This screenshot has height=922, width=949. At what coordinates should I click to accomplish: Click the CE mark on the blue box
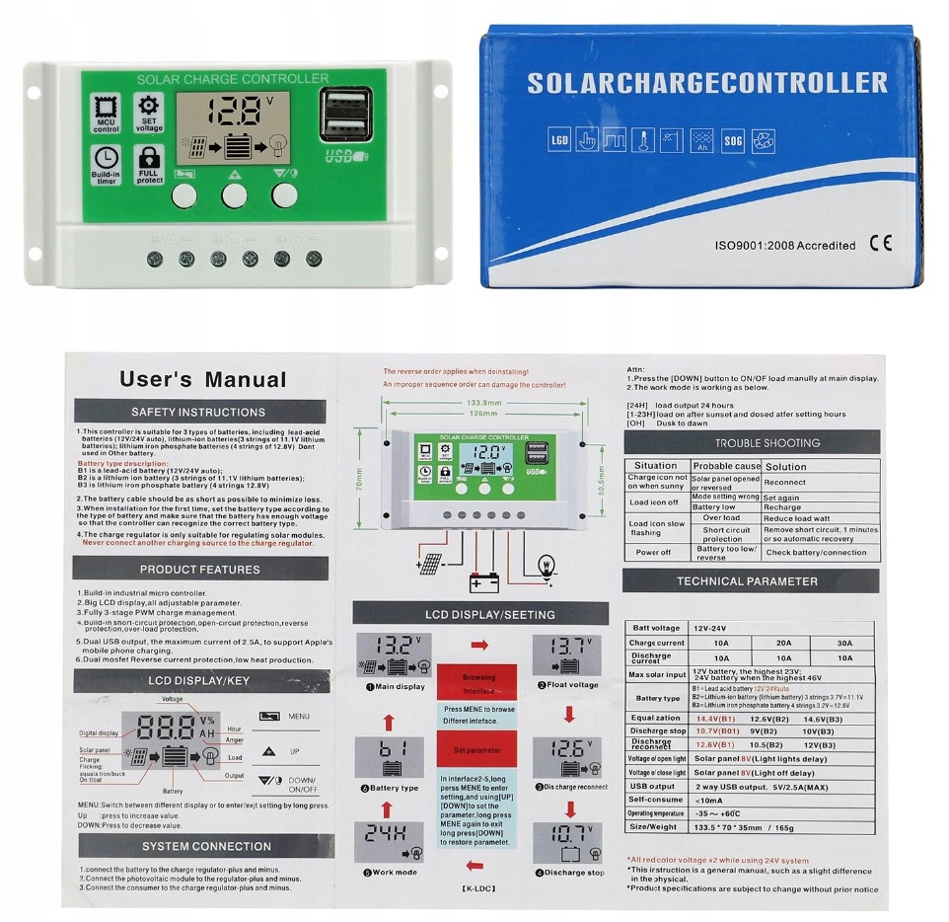pos(880,244)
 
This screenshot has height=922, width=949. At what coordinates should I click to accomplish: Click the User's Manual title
pos(202,379)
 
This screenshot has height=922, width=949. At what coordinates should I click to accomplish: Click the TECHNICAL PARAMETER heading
pos(747,581)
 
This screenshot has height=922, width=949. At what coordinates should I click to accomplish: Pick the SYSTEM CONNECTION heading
pos(206,846)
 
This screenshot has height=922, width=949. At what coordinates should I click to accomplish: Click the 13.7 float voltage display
pos(566,653)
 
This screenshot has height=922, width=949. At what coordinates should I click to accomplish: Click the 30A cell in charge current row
pos(844,643)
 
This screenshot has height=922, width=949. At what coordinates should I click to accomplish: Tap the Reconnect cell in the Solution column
pos(785,483)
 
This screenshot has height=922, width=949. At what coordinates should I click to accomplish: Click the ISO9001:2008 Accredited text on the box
pos(784,245)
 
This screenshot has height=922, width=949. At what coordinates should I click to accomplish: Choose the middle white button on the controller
pos(234,195)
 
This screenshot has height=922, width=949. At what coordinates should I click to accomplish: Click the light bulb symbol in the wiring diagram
pos(544,566)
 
